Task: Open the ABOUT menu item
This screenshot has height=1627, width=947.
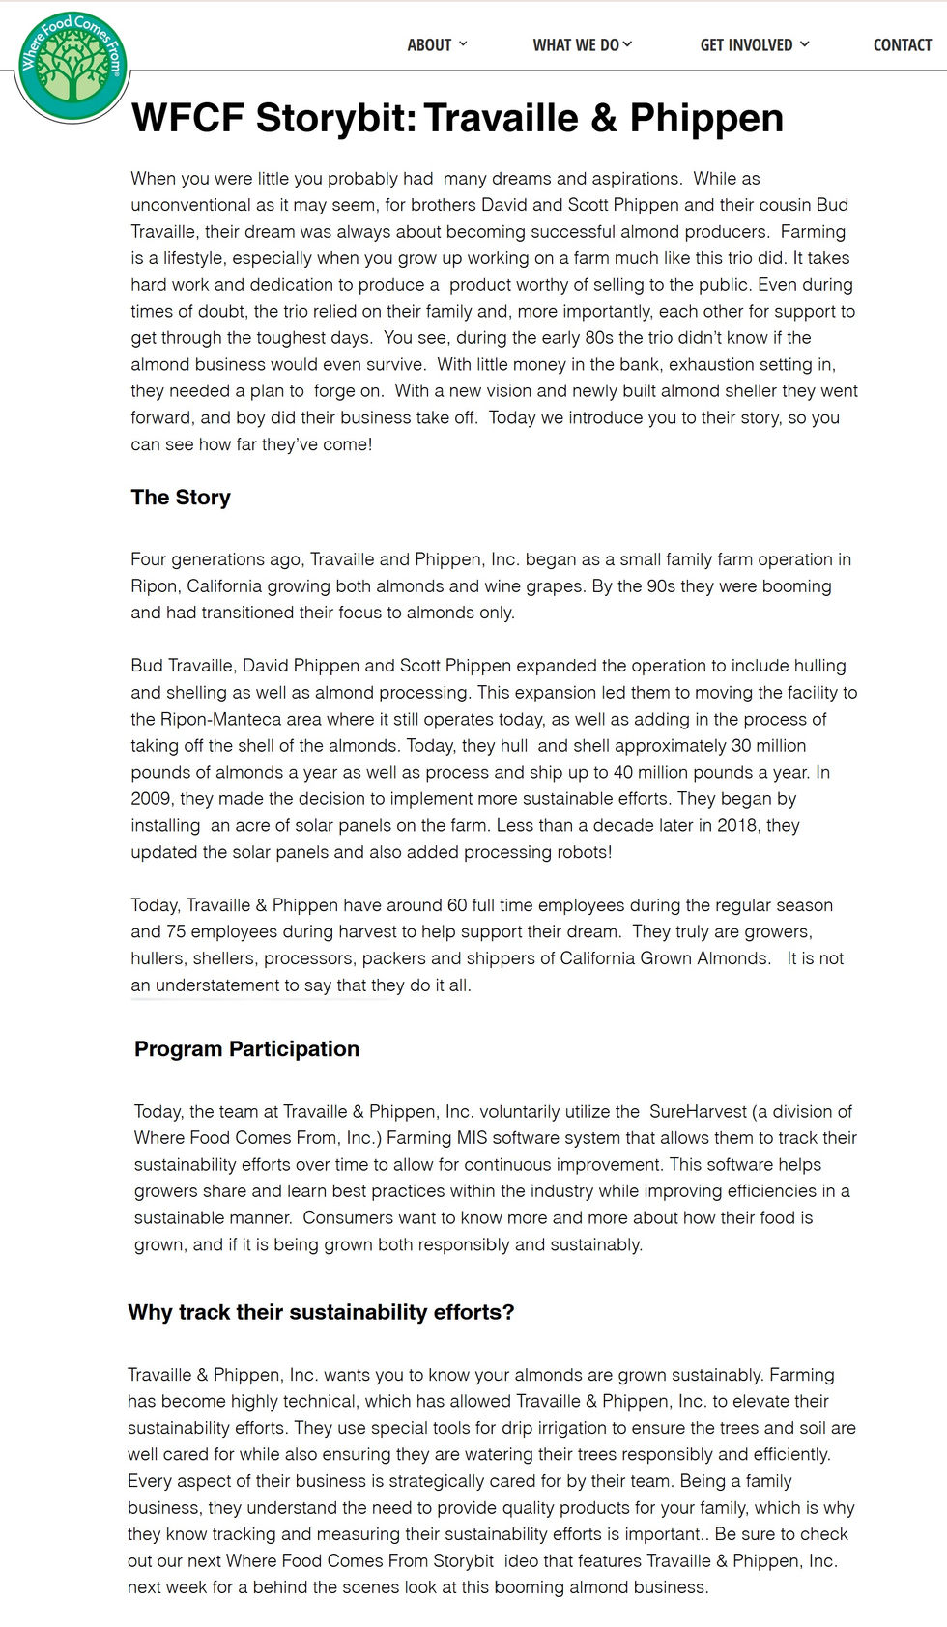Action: [430, 44]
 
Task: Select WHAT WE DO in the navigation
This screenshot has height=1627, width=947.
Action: [577, 44]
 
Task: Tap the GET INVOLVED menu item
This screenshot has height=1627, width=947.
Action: [747, 44]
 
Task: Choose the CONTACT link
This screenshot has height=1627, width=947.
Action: [902, 44]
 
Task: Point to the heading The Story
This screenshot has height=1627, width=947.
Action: [181, 498]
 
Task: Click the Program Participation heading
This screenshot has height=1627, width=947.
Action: [246, 1049]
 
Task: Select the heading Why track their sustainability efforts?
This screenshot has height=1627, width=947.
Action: [321, 1312]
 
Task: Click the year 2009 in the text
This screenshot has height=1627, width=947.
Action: [151, 799]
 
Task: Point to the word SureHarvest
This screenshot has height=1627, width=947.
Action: [698, 1112]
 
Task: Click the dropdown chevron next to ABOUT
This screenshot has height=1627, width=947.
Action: [463, 43]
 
